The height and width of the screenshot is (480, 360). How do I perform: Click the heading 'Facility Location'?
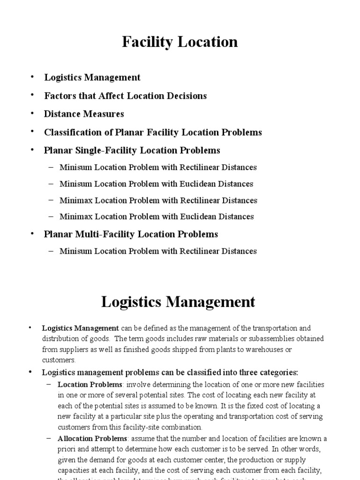pos(180,42)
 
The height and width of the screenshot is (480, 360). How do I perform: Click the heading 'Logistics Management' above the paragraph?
pos(178,301)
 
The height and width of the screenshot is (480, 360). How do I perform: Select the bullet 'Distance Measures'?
pos(84,114)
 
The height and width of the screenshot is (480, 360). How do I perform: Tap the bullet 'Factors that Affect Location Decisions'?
pos(125,96)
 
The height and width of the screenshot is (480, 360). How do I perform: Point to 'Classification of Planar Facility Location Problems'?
pos(153,132)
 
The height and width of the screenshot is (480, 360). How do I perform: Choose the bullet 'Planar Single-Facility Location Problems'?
pos(132,150)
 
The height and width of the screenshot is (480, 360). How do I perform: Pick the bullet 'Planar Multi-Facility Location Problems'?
pos(131,233)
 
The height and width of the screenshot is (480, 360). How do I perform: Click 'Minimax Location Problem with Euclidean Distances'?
pos(157,217)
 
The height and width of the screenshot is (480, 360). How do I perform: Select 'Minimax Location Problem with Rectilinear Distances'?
pos(158,200)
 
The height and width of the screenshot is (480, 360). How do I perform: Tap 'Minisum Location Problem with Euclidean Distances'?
pos(157,184)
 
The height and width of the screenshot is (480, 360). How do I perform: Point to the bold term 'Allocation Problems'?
pos(92,439)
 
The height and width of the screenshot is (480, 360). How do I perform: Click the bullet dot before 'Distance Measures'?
pos(32,113)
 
